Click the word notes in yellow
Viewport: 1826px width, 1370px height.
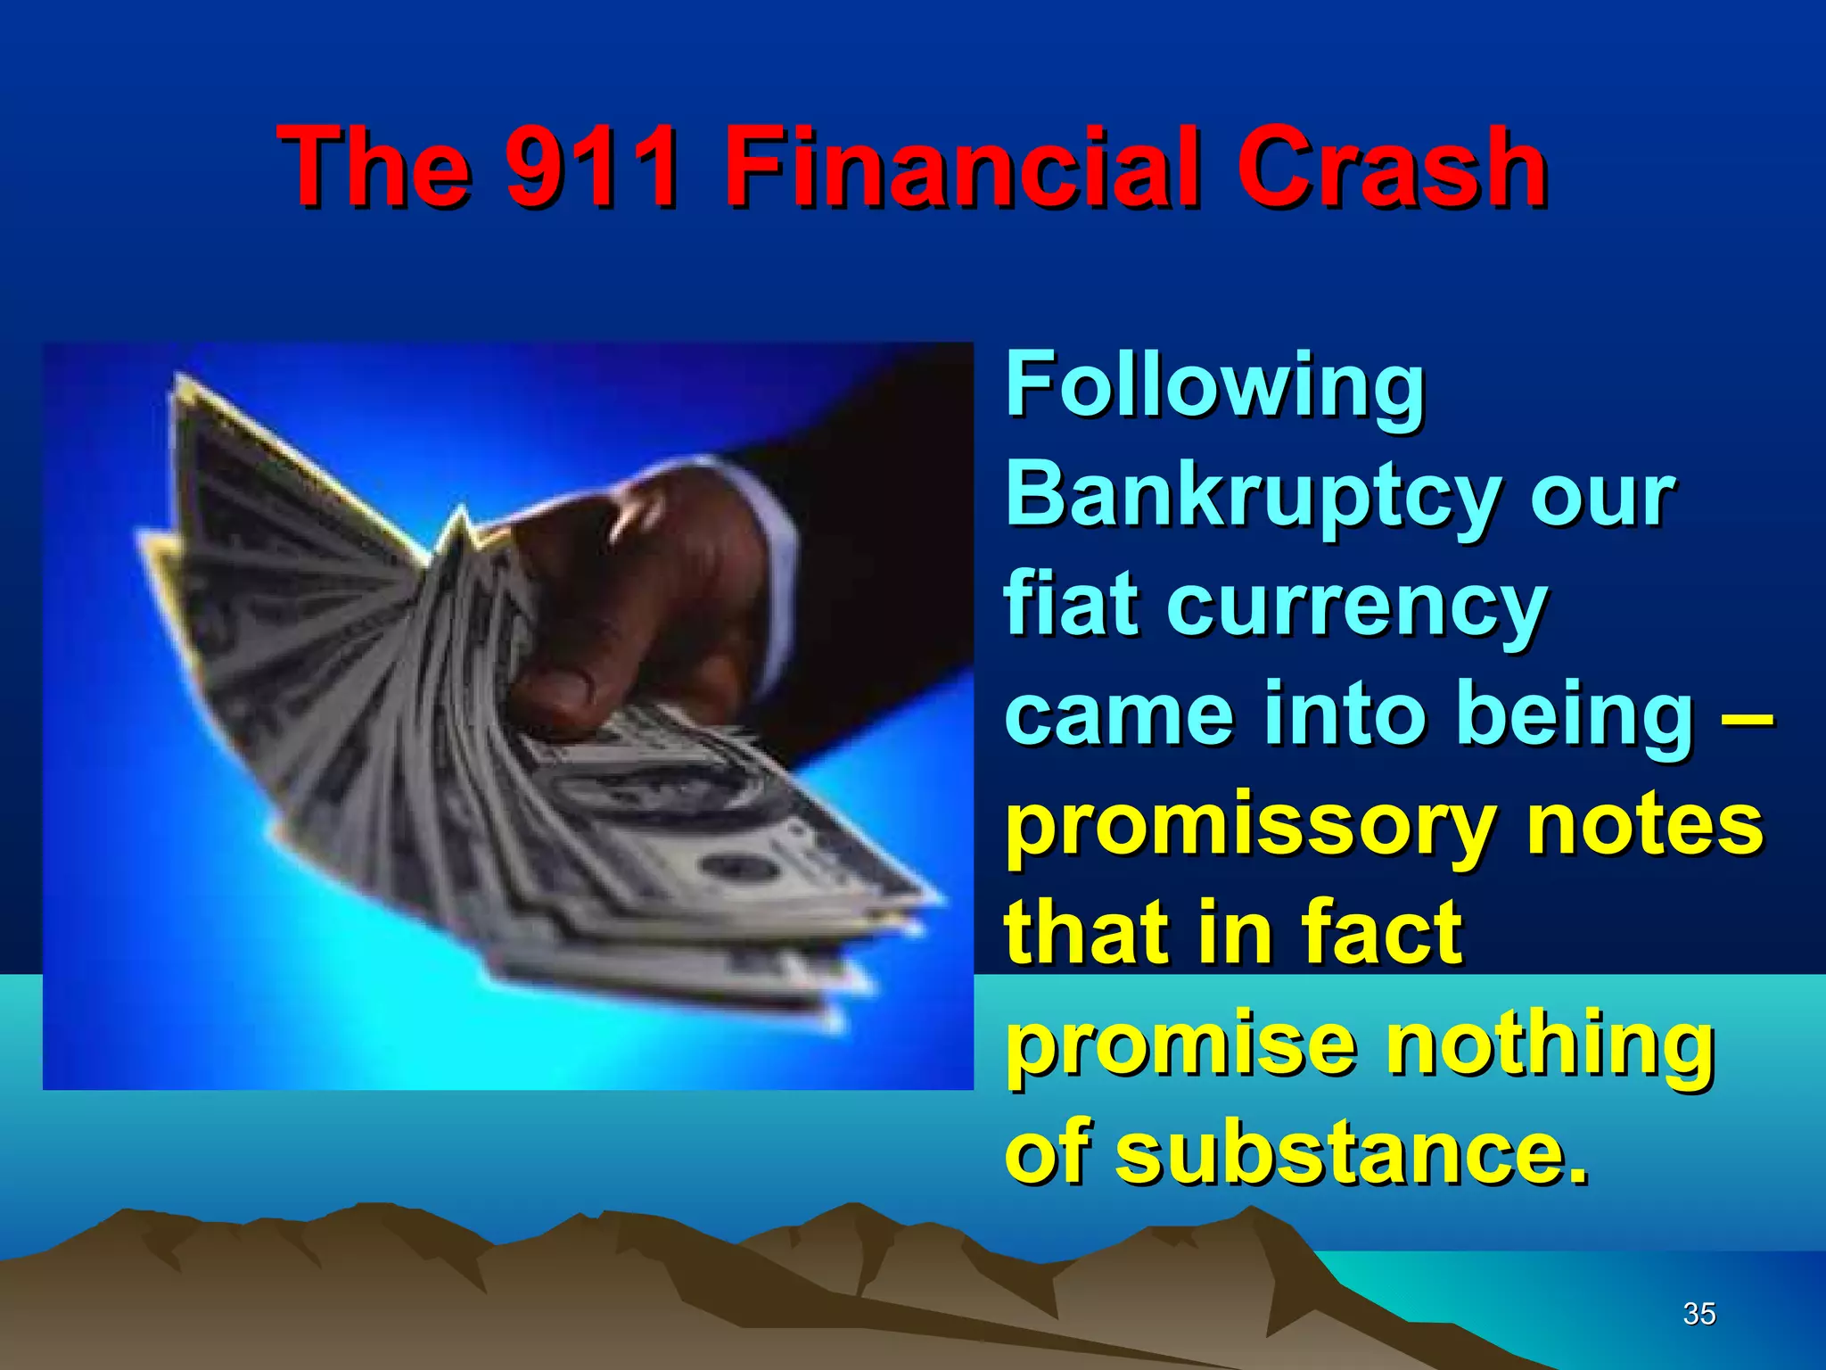pos(1644,825)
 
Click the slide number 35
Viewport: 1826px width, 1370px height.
pos(1699,1314)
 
